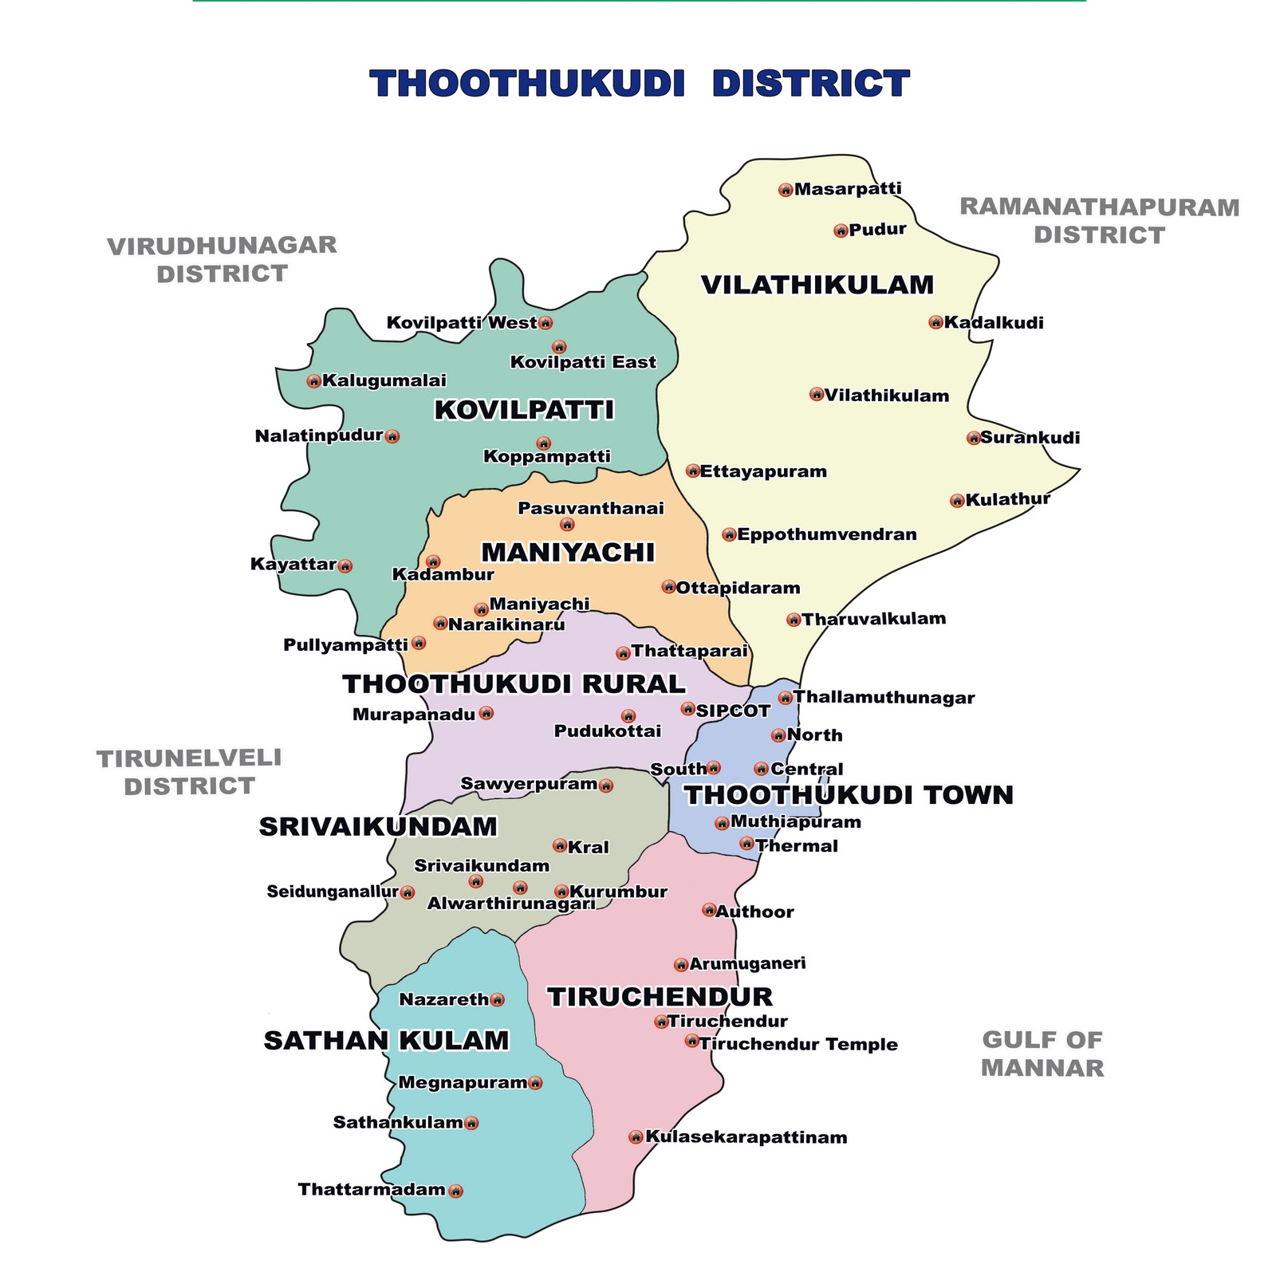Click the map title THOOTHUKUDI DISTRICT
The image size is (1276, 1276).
(640, 84)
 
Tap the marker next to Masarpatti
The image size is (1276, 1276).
(786, 190)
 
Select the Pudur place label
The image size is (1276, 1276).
(877, 230)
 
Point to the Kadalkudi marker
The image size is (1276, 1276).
(935, 322)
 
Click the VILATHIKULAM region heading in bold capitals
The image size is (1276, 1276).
(817, 285)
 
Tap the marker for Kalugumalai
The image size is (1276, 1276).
(313, 381)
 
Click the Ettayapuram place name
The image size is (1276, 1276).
(763, 471)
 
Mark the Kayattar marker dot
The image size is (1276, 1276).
(345, 566)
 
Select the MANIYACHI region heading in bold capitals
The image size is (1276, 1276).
(568, 553)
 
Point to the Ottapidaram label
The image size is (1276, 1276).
(738, 589)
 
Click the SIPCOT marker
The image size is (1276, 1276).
(687, 708)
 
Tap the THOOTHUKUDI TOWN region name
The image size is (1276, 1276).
(849, 795)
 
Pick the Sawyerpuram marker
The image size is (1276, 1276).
(605, 786)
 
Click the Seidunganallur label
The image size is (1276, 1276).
(333, 892)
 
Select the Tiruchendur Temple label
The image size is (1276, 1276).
(798, 1045)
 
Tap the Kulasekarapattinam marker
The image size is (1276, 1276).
(636, 1137)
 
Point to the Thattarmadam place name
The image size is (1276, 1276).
(372, 1190)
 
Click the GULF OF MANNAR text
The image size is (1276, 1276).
(1042, 1053)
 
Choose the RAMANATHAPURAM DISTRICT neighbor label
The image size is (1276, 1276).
(1099, 221)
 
